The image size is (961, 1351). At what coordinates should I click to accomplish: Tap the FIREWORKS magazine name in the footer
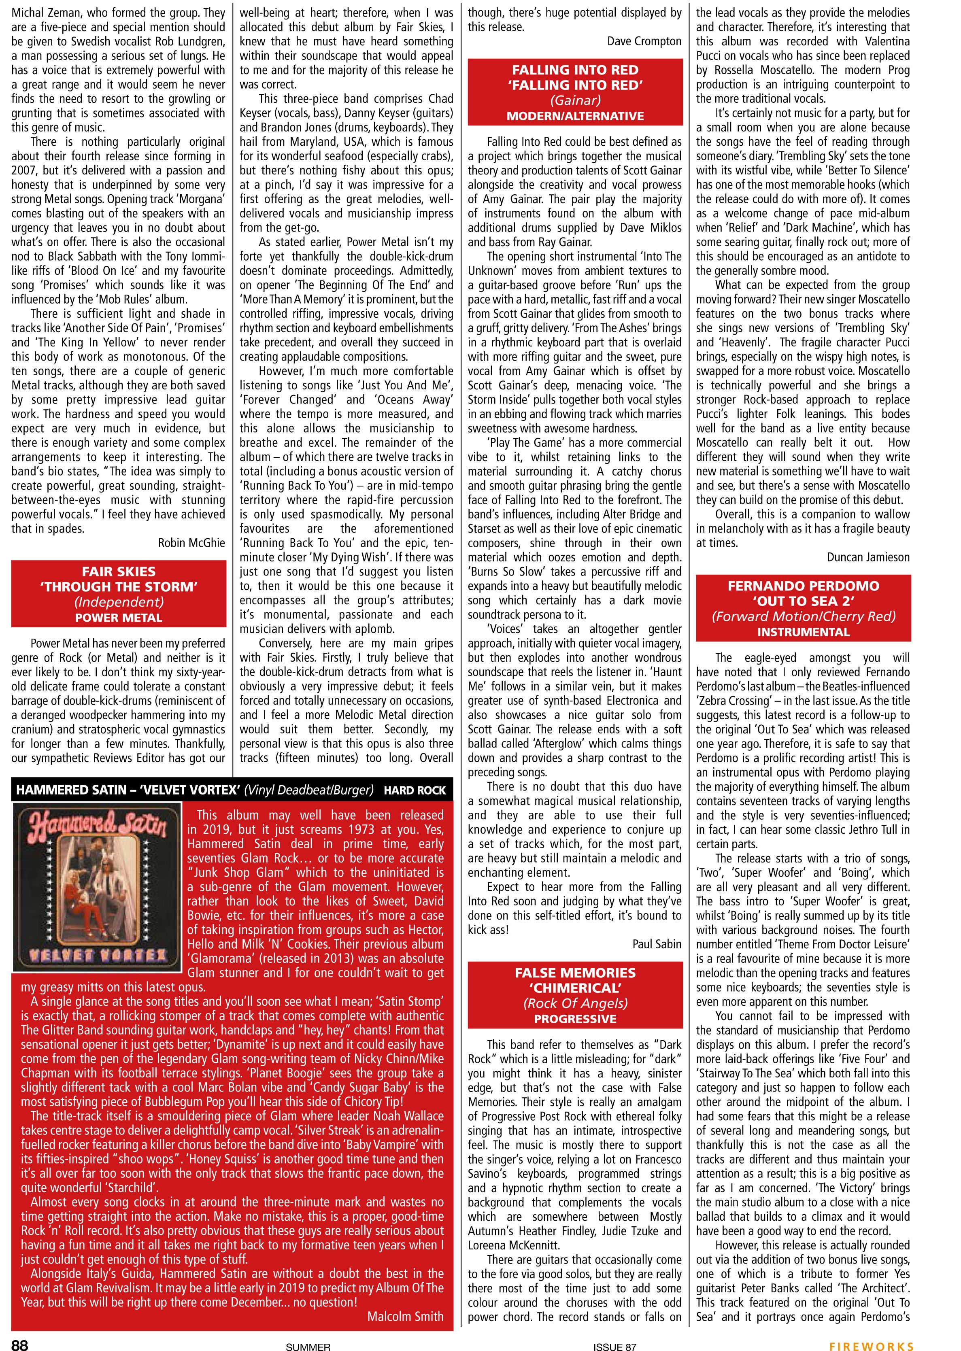click(871, 1342)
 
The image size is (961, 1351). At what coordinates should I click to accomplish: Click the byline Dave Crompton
click(644, 41)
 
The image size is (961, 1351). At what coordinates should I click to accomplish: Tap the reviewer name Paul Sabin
click(657, 944)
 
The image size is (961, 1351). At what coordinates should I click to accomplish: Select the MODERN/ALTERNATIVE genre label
click(574, 116)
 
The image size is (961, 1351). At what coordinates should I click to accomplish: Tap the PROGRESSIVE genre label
click(574, 1019)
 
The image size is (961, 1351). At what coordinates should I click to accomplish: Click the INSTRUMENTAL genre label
click(803, 632)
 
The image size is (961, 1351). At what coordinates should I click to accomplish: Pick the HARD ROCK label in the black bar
click(415, 790)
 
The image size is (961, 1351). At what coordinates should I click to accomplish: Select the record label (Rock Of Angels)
click(574, 1003)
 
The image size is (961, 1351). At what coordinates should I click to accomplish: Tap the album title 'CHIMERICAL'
click(574, 988)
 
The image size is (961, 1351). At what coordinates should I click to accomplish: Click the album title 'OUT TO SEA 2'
click(803, 601)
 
